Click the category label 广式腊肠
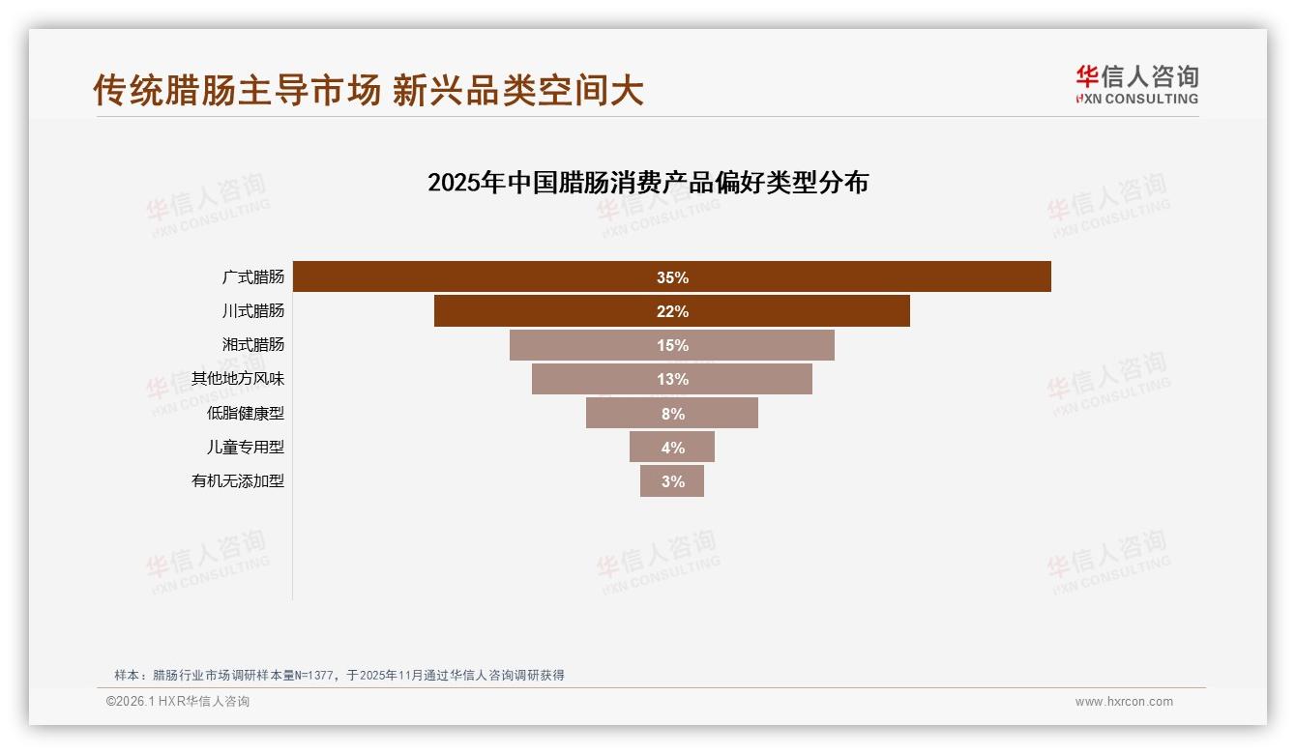tap(253, 277)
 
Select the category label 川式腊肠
tap(253, 311)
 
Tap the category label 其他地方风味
tap(238, 379)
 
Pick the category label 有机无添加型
tap(238, 480)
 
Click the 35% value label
tap(672, 277)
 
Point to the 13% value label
tap(672, 379)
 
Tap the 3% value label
tap(673, 481)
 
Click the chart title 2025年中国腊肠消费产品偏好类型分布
tap(648, 183)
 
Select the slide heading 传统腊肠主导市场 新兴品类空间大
tap(368, 90)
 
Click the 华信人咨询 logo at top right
tap(1136, 84)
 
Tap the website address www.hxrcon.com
tap(1124, 702)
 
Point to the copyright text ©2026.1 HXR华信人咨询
tap(178, 702)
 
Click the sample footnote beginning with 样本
tap(339, 675)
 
